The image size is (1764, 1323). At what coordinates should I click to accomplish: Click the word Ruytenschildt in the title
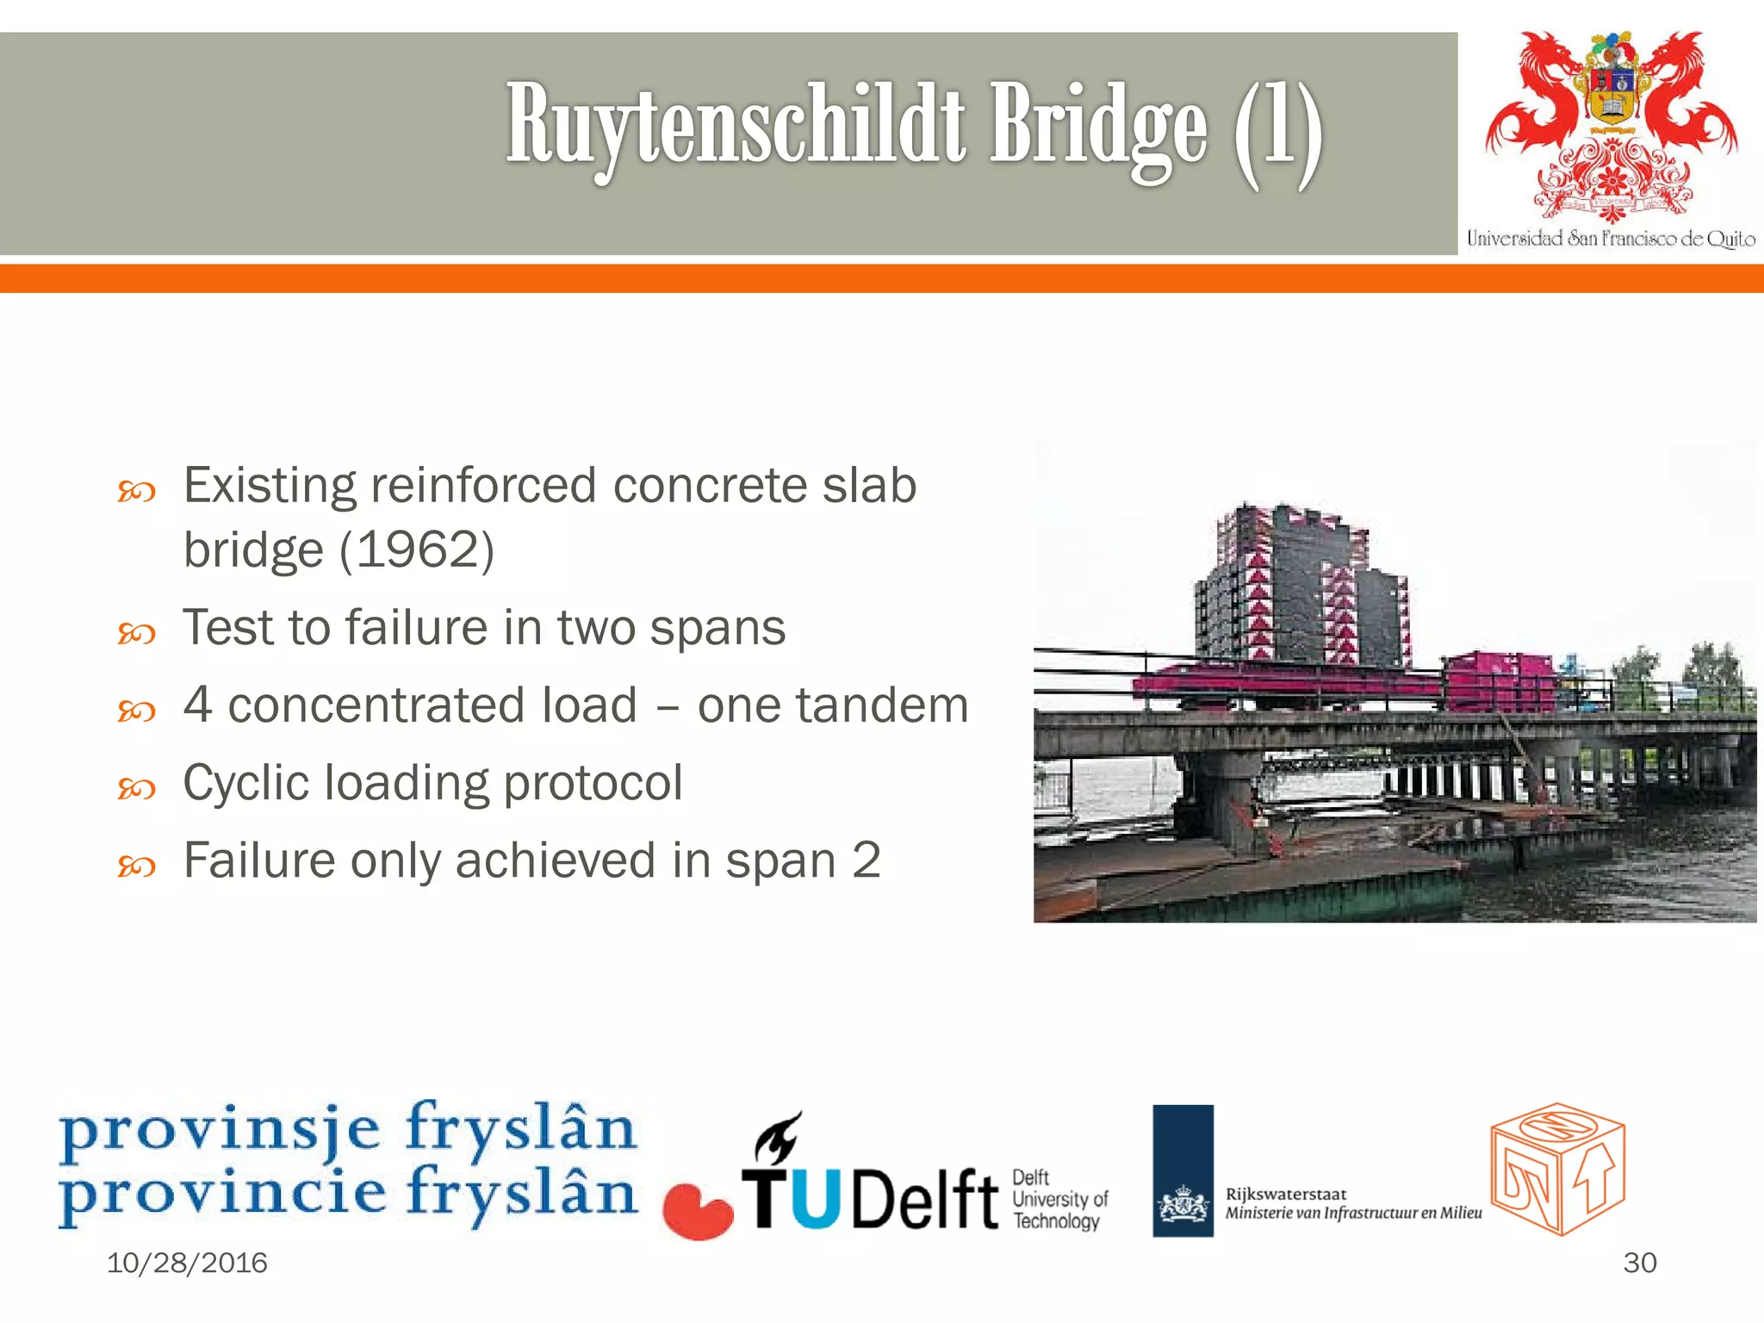(x=736, y=125)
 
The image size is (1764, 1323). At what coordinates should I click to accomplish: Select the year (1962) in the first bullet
(x=417, y=550)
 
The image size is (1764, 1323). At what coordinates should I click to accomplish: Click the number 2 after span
(x=866, y=860)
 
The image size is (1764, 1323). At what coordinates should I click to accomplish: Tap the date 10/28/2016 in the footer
(x=187, y=1263)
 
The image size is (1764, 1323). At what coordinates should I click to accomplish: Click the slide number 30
(x=1639, y=1263)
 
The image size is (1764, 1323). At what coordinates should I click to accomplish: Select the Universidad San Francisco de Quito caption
(x=1610, y=239)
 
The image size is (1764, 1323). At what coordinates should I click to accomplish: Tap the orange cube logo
(x=1557, y=1168)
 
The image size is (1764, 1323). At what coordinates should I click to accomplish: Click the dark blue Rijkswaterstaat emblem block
(x=1183, y=1171)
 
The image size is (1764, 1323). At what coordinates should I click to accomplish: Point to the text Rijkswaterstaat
(x=1285, y=1194)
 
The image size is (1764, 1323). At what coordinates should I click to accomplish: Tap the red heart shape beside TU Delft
(x=697, y=1211)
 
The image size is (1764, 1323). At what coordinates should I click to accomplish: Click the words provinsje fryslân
(x=348, y=1127)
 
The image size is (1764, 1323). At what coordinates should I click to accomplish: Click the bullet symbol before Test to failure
(x=136, y=634)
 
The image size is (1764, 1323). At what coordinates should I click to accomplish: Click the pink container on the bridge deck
(x=1499, y=680)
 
